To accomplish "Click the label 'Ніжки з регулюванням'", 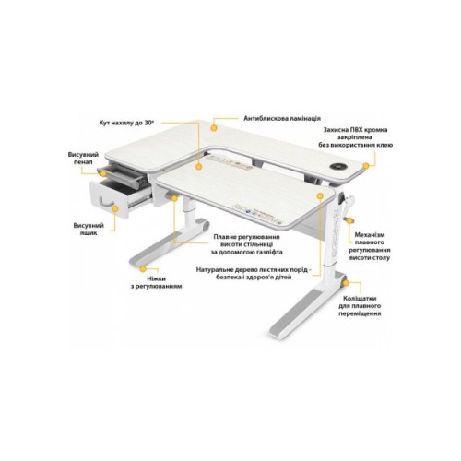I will [x=159, y=282].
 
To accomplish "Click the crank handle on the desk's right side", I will [x=349, y=206].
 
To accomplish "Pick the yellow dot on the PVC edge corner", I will [x=367, y=164].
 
